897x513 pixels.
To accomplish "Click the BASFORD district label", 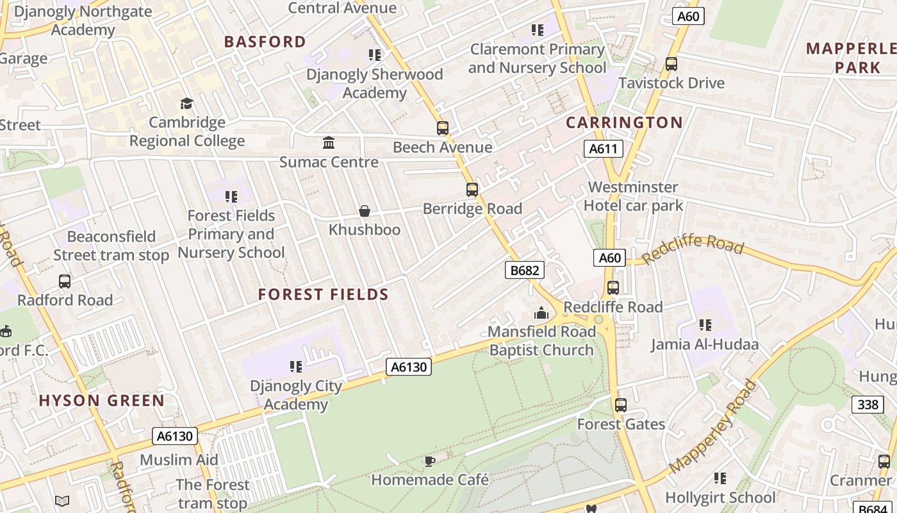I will (265, 42).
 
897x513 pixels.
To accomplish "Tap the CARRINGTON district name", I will (625, 122).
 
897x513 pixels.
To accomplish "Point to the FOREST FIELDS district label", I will (324, 294).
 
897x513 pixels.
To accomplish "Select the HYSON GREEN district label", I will (102, 401).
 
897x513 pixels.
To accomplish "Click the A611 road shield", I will (604, 149).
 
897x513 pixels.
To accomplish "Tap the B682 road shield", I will (525, 271).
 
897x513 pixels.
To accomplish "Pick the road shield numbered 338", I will (868, 405).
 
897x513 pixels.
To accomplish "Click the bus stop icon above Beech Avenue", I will (443, 128).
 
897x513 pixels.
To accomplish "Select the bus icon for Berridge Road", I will (472, 190).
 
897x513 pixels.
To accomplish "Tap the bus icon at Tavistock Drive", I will (671, 64).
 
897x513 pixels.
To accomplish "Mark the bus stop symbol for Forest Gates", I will (621, 405).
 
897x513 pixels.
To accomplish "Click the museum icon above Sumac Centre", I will (329, 142).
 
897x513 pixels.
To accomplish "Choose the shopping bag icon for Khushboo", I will (365, 211).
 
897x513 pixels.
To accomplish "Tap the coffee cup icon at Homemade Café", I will (430, 461).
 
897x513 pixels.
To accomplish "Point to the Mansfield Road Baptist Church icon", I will (541, 313).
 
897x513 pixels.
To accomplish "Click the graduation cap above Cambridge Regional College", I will (186, 103).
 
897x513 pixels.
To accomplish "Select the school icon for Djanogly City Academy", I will (295, 367).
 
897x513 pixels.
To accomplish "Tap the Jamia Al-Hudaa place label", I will (705, 344).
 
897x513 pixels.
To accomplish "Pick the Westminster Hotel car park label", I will (633, 196).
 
